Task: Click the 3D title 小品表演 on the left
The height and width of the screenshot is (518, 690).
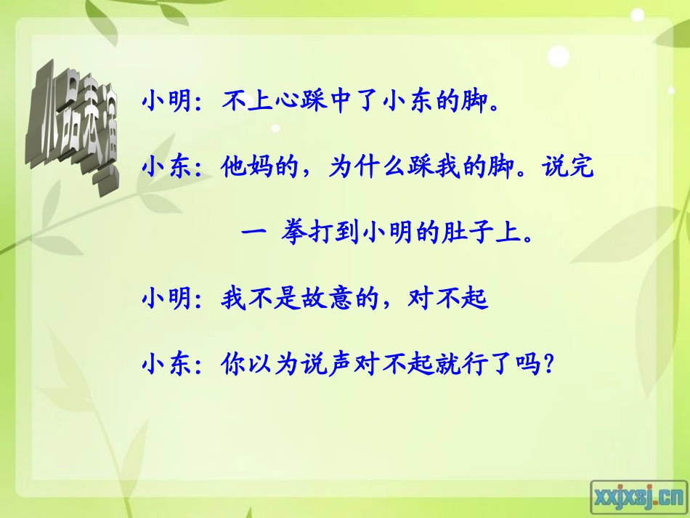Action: click(73, 129)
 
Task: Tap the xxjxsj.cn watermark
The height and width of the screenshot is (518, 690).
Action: click(638, 495)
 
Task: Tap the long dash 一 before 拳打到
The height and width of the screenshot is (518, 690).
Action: click(251, 234)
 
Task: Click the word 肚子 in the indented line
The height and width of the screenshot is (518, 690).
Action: click(474, 234)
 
